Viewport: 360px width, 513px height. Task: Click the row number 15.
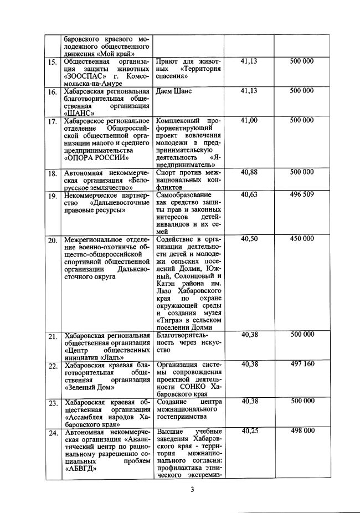click(53, 62)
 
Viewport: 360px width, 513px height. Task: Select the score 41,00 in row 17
click(249, 120)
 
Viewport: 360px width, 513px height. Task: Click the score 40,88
click(249, 172)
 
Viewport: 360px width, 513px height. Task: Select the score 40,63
click(249, 194)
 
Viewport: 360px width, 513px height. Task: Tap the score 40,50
click(249, 238)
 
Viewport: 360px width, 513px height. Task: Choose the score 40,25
click(249, 431)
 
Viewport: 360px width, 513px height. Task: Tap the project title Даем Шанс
click(174, 91)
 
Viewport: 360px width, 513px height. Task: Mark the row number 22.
click(53, 366)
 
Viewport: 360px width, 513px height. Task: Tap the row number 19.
click(53, 196)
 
